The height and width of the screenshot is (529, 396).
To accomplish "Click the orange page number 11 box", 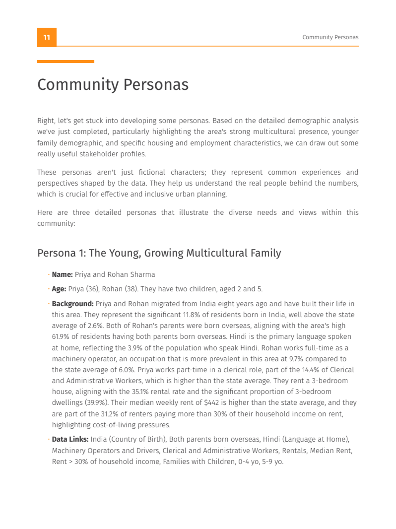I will pyautogui.click(x=47, y=38).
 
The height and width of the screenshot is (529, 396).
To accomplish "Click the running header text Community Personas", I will pyautogui.click(x=330, y=38).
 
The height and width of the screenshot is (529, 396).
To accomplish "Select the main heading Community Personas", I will pyautogui.click(x=113, y=85).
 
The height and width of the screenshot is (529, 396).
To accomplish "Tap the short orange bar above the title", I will pyautogui.click(x=66, y=62).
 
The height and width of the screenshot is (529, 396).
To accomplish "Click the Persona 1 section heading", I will pyautogui.click(x=159, y=253).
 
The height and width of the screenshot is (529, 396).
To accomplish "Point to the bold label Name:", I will pyautogui.click(x=63, y=274).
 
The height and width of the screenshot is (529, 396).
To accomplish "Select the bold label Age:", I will pyautogui.click(x=59, y=289).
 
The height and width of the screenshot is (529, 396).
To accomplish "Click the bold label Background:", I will pyautogui.click(x=72, y=304).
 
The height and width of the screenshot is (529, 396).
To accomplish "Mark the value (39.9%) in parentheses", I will pyautogui.click(x=96, y=403).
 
